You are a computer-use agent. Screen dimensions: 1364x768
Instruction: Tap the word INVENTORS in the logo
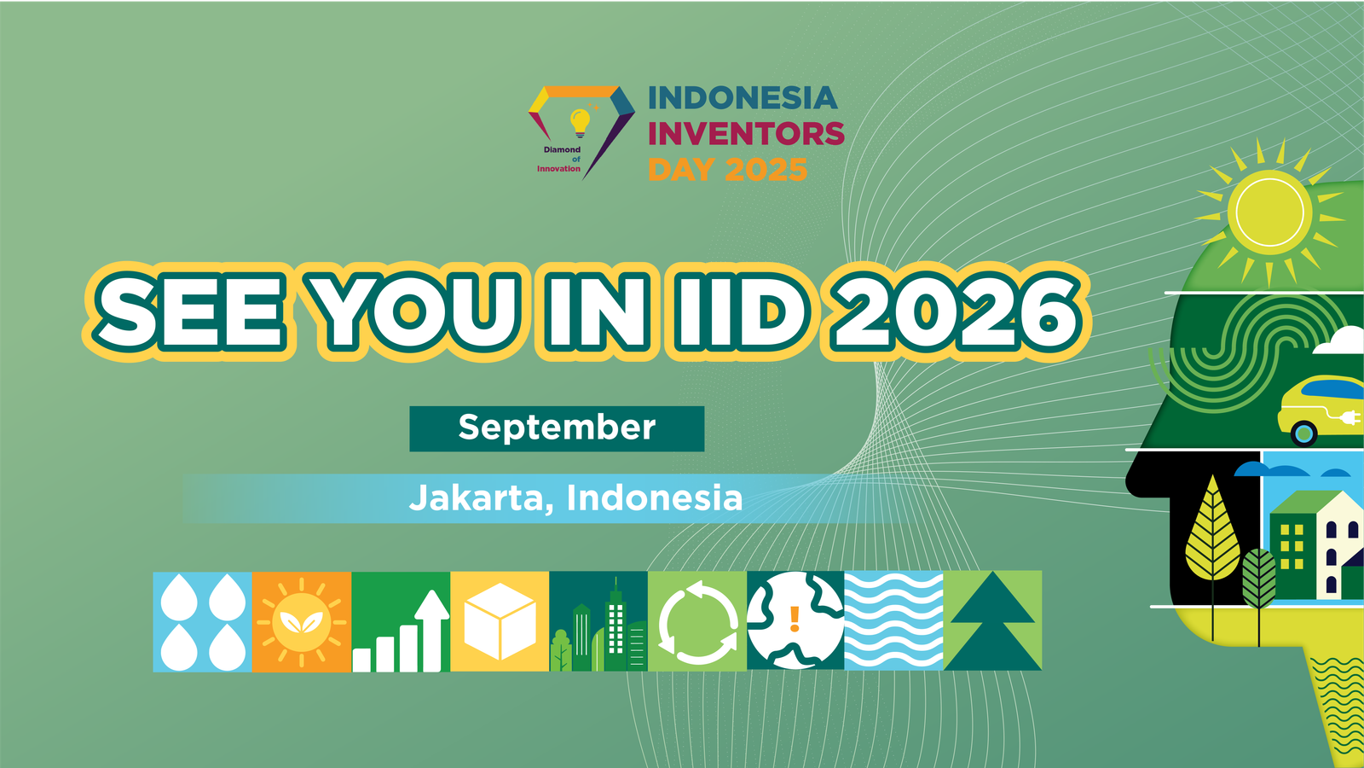[x=746, y=133]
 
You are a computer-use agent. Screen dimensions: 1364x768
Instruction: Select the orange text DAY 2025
[x=728, y=170]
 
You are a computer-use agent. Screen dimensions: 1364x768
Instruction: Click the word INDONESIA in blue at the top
[x=743, y=98]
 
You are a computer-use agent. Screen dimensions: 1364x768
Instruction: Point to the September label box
[x=557, y=428]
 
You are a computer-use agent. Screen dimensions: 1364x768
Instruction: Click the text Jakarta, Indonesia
[x=575, y=498]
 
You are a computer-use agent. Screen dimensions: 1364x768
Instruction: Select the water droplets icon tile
[x=202, y=622]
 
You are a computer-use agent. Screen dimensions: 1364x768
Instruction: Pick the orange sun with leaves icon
[x=302, y=622]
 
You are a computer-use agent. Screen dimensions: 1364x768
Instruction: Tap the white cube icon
[x=500, y=621]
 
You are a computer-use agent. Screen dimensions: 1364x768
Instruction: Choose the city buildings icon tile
[x=598, y=621]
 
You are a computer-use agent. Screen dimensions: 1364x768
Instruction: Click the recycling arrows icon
[x=698, y=622]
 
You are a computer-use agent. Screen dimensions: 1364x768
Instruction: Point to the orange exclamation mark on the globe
[x=794, y=620]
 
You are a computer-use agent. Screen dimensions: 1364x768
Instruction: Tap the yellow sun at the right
[x=1269, y=212]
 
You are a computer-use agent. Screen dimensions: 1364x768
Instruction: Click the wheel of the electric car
[x=1303, y=434]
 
